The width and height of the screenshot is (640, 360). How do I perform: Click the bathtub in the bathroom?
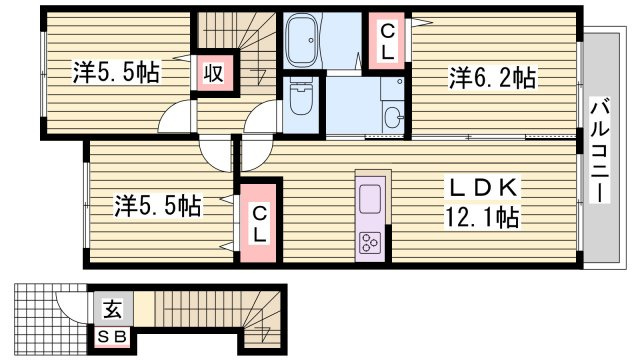coord(302,40)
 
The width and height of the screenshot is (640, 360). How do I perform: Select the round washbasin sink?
coord(393,115)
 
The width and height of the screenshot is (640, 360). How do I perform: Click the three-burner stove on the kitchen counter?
coord(370,242)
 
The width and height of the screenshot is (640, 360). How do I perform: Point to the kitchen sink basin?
coord(370,198)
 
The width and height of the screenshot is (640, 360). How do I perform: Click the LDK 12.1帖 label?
coord(482,202)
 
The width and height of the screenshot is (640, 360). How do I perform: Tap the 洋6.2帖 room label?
coord(492,78)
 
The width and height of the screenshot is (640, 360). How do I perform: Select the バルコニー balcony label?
coord(600,151)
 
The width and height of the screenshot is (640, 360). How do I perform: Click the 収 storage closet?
coord(213,73)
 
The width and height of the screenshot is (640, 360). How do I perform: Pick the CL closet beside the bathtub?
coord(387,41)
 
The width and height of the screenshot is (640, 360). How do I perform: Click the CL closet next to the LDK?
coord(259,223)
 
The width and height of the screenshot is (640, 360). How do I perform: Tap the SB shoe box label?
coord(112,337)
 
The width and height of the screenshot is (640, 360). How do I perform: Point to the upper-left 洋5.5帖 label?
coord(116,72)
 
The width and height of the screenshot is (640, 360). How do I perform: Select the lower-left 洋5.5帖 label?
coord(158,206)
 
